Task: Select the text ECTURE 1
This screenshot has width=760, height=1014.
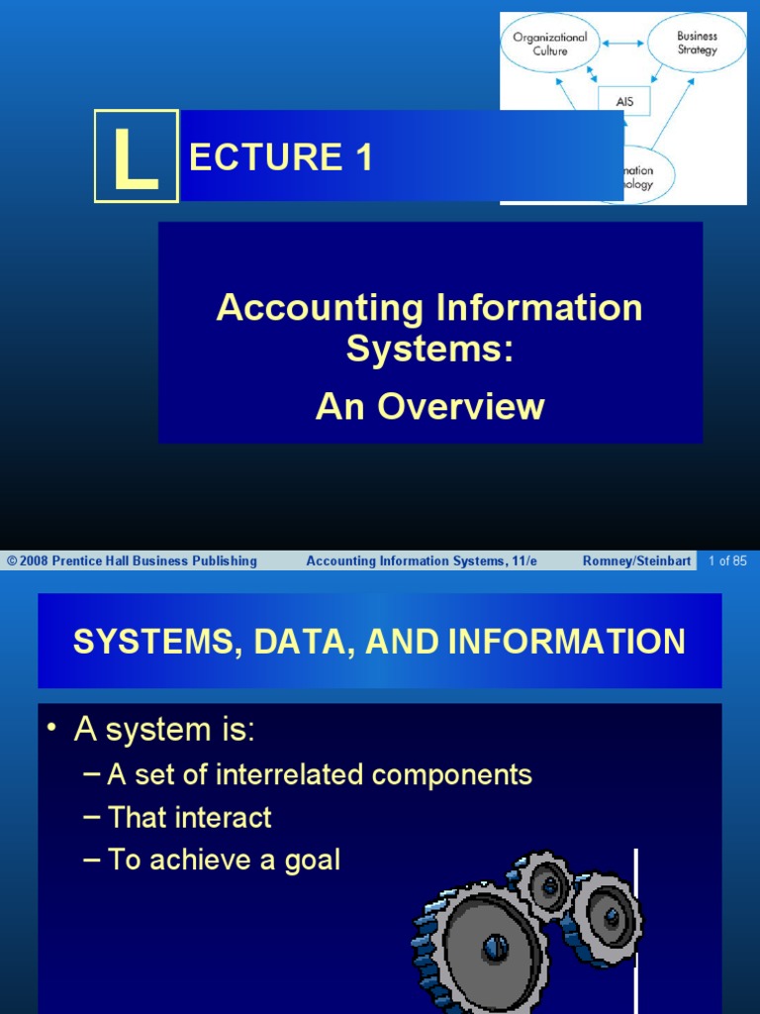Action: point(281,157)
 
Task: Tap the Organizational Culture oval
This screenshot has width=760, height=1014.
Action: point(549,44)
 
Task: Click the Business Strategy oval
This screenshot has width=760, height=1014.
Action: point(697,43)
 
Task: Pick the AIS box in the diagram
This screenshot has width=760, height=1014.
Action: point(625,100)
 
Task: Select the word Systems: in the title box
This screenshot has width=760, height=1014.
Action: point(429,349)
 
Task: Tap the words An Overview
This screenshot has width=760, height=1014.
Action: point(429,406)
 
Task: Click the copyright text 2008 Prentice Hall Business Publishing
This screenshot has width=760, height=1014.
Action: point(133,561)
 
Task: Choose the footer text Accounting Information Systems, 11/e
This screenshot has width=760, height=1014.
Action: point(422,561)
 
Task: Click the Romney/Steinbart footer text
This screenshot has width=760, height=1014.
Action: point(636,561)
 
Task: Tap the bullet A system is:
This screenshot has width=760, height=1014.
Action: point(164,731)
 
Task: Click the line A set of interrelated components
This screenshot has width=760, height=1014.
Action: point(319,774)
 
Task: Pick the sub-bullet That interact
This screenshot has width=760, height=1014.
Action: point(189,817)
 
